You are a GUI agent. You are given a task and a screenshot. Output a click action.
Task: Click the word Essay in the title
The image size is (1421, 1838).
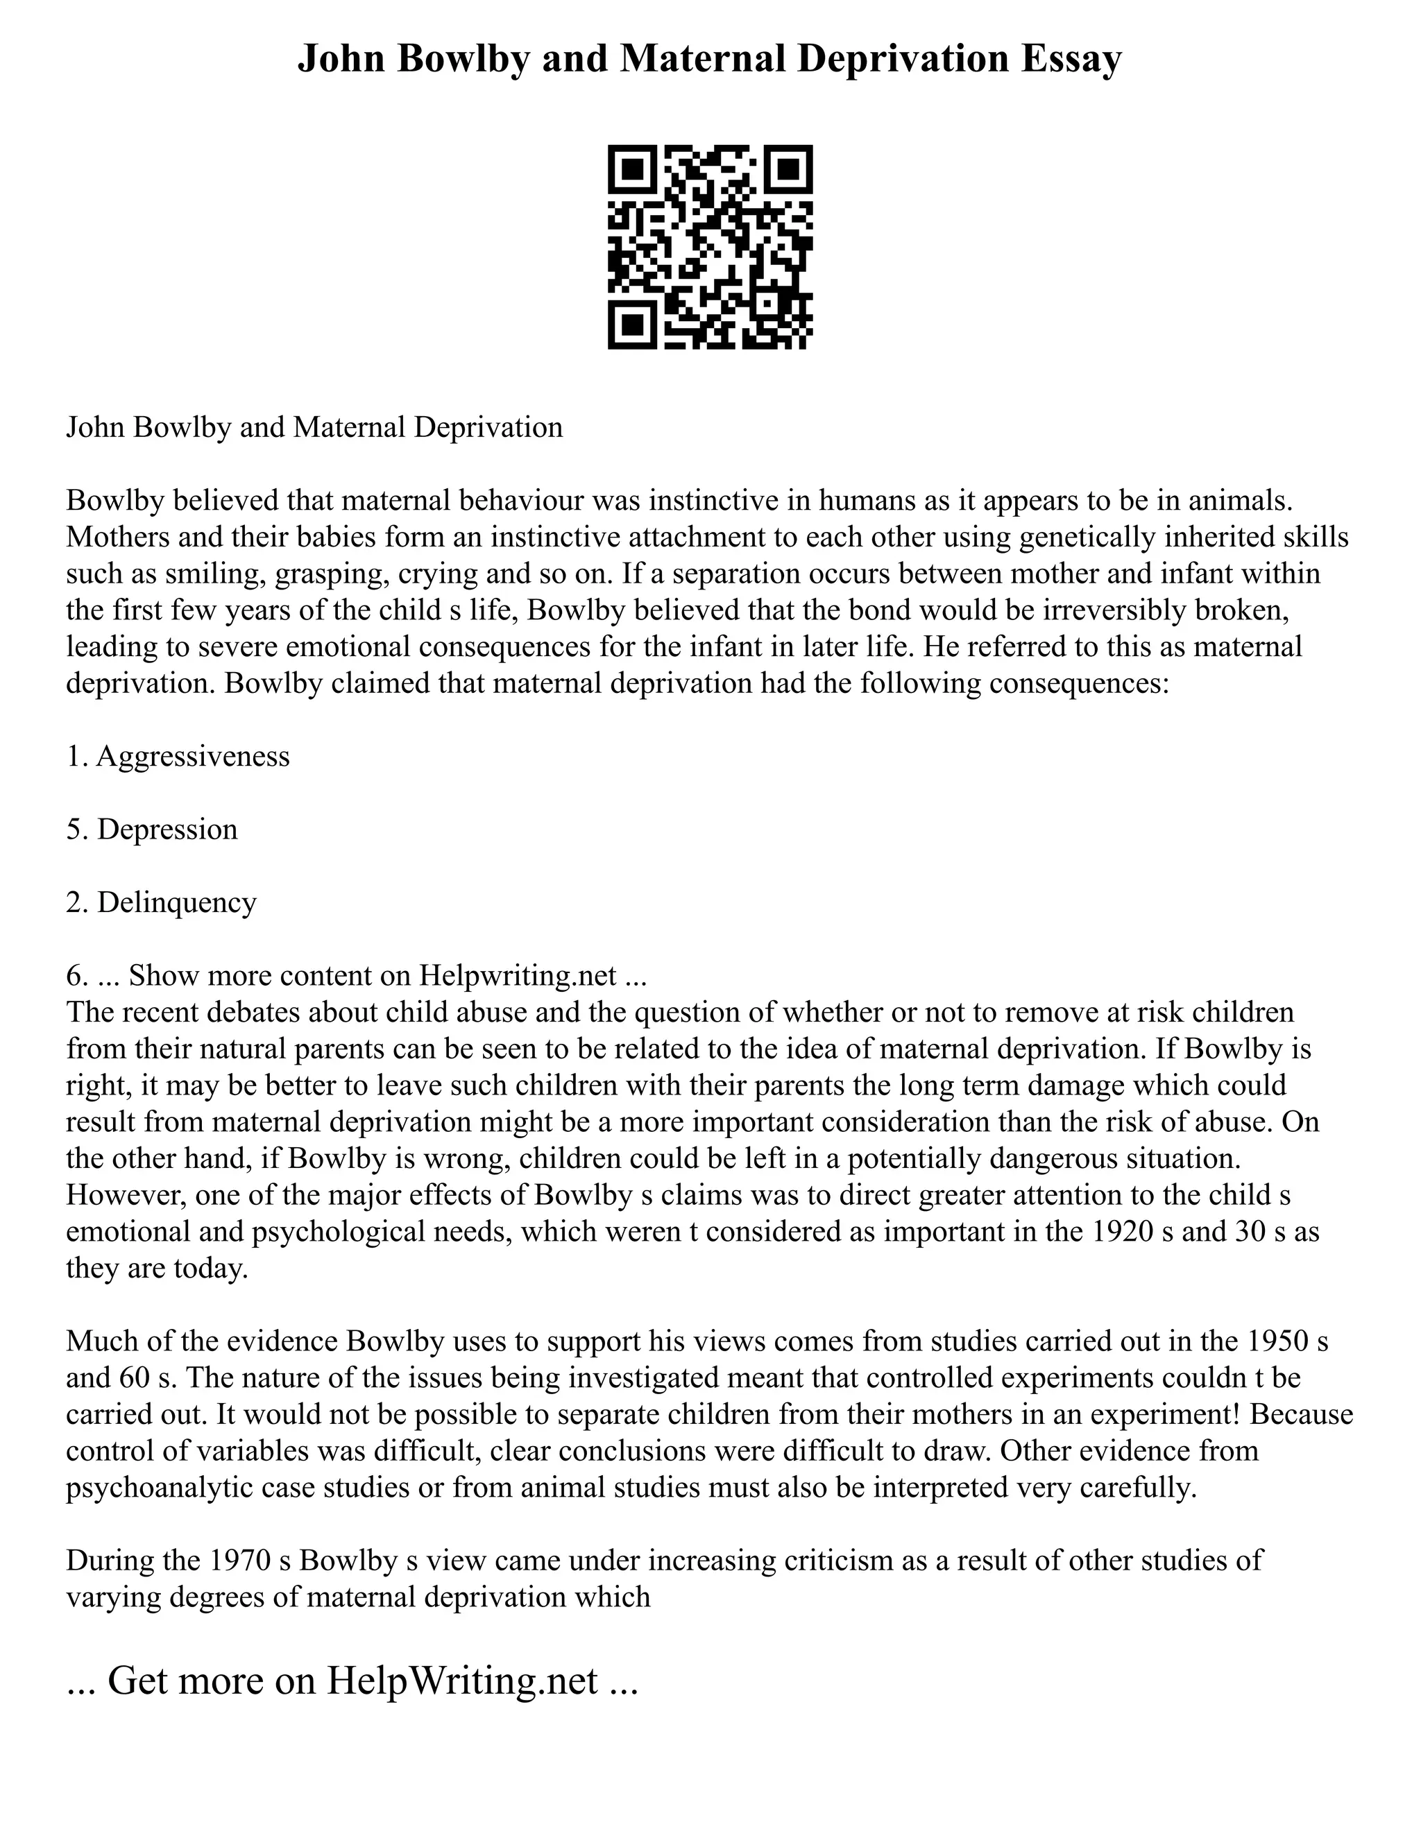tap(1071, 60)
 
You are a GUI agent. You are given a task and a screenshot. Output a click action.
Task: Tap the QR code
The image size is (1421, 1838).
tap(710, 247)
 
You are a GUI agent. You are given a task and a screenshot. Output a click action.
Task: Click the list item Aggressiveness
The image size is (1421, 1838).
tap(193, 757)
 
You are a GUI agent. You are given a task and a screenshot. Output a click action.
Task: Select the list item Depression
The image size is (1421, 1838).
tap(167, 830)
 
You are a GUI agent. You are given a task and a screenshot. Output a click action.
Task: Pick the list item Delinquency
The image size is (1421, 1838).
tap(177, 903)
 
